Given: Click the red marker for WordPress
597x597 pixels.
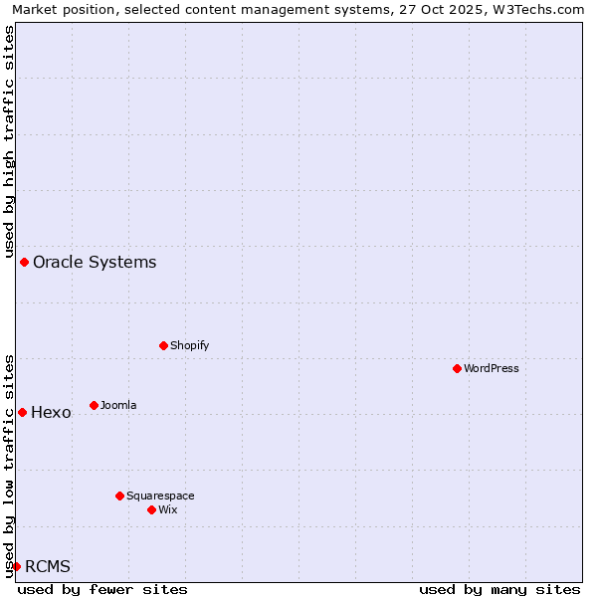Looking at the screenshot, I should click(457, 368).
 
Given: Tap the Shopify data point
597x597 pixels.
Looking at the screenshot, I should click(164, 345).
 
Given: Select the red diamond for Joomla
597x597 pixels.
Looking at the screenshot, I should click(94, 405).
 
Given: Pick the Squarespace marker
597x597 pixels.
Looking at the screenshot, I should click(119, 496).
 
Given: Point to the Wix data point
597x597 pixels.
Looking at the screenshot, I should click(151, 509).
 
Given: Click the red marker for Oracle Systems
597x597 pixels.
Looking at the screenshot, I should click(24, 262).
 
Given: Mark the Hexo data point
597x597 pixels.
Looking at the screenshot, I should click(22, 412).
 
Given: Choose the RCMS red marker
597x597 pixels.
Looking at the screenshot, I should click(16, 566).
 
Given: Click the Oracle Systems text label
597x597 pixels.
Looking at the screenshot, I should click(95, 263).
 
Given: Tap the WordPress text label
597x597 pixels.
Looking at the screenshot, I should click(492, 369).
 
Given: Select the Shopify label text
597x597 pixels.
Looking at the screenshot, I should click(189, 346).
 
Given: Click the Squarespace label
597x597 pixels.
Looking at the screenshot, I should click(160, 497).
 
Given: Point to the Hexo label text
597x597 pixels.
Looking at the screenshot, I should click(51, 413).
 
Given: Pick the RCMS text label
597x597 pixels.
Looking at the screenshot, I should click(48, 567).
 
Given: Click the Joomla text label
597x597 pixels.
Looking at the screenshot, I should click(118, 406).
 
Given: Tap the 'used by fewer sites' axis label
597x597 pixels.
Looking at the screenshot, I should click(102, 589).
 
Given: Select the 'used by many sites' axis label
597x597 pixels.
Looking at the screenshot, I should click(499, 589).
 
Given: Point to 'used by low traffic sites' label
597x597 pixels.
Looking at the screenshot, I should click(9, 465).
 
